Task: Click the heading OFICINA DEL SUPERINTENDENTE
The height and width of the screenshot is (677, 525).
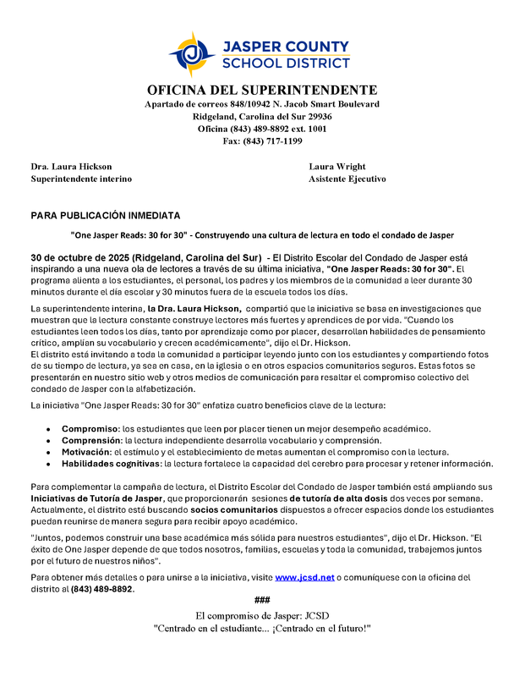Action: [262, 90]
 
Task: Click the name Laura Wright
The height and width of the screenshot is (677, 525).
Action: [337, 167]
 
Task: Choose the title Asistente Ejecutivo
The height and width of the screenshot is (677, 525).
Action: [347, 179]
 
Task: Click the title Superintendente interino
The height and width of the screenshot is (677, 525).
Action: [81, 179]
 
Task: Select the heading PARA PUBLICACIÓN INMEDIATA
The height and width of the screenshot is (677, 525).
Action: [106, 216]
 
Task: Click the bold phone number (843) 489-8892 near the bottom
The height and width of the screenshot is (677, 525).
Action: [101, 589]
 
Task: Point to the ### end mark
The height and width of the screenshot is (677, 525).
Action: [262, 600]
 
